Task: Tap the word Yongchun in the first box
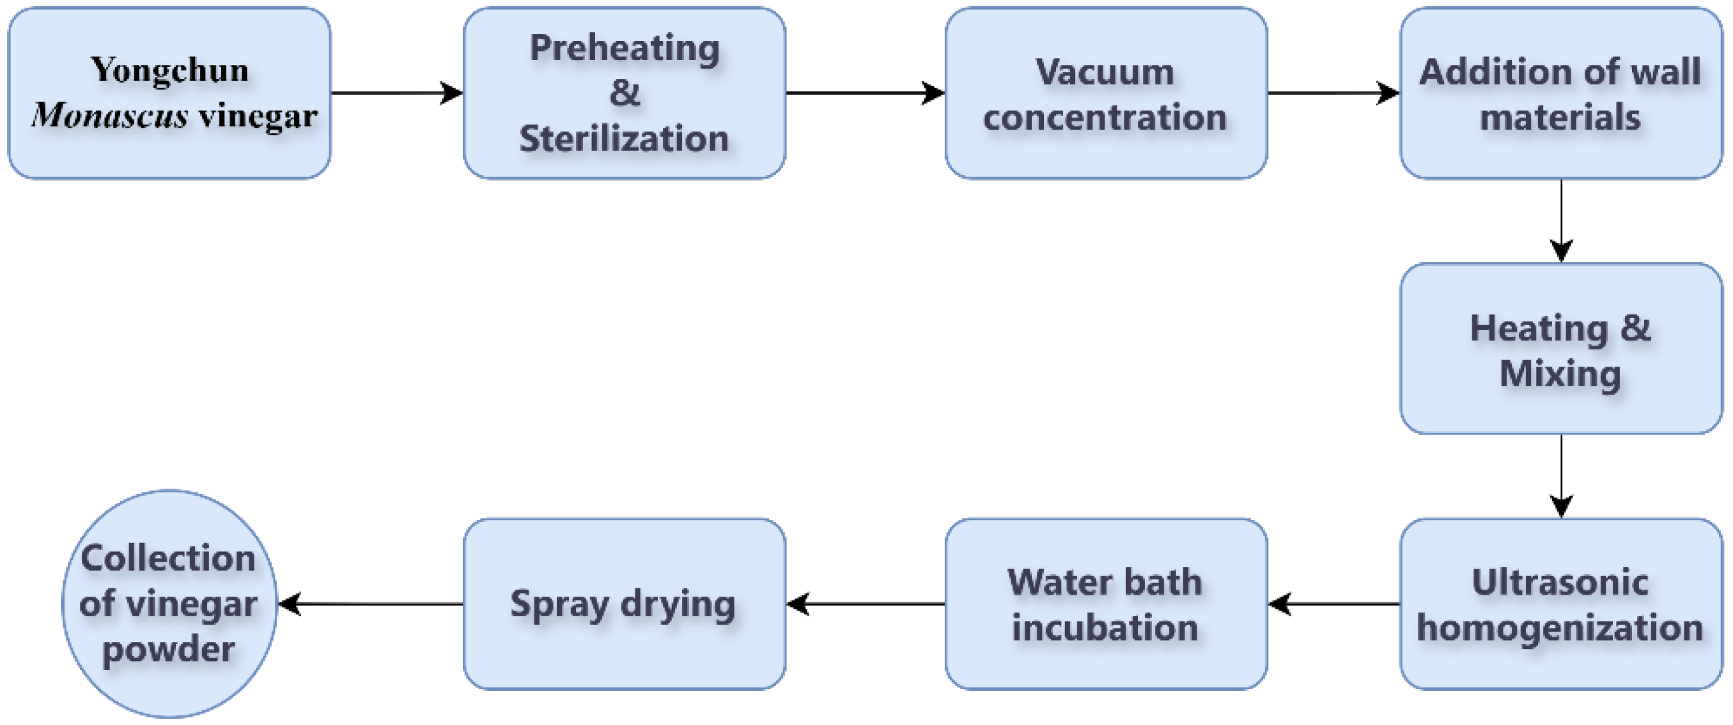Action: pyautogui.click(x=169, y=70)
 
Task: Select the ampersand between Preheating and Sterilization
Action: pyautogui.click(x=625, y=93)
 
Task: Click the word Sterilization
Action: pyautogui.click(x=625, y=139)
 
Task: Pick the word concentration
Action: pyautogui.click(x=1105, y=117)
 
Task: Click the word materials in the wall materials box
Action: pyautogui.click(x=1560, y=117)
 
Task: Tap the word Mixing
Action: pyautogui.click(x=1560, y=373)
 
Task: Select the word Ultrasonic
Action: pyautogui.click(x=1560, y=583)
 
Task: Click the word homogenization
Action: pyautogui.click(x=1560, y=628)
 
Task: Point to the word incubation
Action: pyautogui.click(x=1105, y=628)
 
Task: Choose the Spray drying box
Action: pyautogui.click(x=625, y=604)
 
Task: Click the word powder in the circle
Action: pyautogui.click(x=169, y=650)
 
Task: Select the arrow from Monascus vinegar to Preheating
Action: pyautogui.click(x=397, y=93)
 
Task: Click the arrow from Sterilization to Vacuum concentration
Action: pyautogui.click(x=865, y=93)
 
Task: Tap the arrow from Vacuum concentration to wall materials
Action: pyautogui.click(x=1333, y=93)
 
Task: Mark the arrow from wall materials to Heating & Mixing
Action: pyautogui.click(x=1562, y=220)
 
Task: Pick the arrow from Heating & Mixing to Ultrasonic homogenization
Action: pyautogui.click(x=1562, y=476)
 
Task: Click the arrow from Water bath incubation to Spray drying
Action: pyautogui.click(x=865, y=604)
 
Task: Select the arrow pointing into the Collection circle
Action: pyautogui.click(x=371, y=604)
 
